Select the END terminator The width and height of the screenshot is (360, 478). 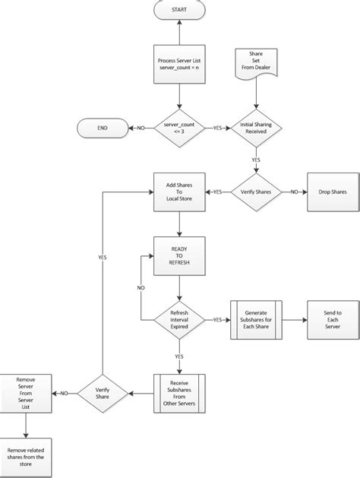(103, 129)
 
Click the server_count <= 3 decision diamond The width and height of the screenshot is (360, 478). (178, 129)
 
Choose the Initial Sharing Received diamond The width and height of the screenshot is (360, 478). (255, 129)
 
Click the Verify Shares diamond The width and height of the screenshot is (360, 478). (255, 192)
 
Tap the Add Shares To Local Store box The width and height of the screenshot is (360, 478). (178, 192)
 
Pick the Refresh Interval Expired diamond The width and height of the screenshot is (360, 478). (178, 320)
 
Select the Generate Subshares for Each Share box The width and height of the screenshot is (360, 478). (255, 320)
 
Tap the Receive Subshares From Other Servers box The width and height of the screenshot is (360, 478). (178, 393)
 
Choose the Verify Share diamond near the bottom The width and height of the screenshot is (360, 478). (103, 393)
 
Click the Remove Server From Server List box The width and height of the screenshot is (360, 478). (25, 393)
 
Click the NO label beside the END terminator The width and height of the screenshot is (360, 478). (141, 129)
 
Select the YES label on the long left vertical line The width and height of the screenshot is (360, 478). (103, 258)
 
